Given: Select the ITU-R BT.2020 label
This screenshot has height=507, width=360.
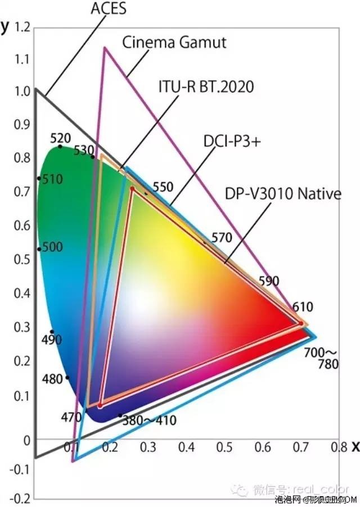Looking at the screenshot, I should (205, 87).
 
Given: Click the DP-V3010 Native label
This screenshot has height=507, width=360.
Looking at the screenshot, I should (283, 194).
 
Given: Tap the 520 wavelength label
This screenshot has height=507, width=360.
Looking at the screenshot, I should (61, 138).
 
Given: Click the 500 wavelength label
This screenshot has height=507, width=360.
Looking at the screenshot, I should (52, 248).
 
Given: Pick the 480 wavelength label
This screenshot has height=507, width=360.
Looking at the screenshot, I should (52, 379).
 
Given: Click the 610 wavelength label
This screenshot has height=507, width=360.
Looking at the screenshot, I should (302, 307).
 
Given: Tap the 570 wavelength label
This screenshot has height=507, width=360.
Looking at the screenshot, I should (222, 238).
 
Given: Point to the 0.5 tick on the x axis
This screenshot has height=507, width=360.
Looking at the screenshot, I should (224, 447).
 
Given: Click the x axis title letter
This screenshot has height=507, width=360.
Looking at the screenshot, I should (355, 447).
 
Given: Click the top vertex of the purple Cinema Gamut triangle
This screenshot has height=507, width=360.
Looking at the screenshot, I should (104, 48).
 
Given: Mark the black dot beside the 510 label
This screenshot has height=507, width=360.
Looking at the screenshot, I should (39, 178).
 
